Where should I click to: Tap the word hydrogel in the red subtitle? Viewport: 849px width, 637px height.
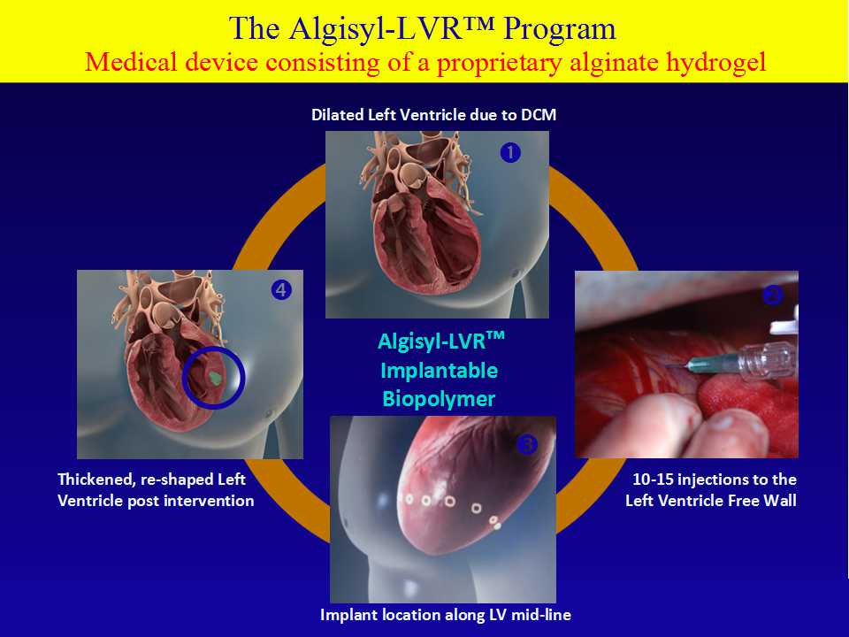[715, 63]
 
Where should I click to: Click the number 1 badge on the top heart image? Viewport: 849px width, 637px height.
[510, 153]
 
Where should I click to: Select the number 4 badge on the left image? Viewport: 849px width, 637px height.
[281, 290]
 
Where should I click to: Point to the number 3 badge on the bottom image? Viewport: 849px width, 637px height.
[526, 445]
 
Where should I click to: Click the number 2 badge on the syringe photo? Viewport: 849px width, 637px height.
[772, 295]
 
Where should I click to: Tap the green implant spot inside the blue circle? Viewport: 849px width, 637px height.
[216, 378]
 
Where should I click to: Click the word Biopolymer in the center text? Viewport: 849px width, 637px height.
[439, 400]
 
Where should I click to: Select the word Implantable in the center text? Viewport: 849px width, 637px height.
[440, 371]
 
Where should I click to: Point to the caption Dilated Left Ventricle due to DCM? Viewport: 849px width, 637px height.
[433, 115]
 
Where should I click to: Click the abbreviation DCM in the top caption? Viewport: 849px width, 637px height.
[539, 115]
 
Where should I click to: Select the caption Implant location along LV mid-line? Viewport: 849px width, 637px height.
[446, 615]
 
